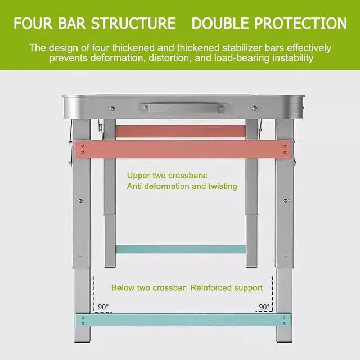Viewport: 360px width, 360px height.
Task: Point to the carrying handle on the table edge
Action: (181, 107)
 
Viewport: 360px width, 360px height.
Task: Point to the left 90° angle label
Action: (103, 307)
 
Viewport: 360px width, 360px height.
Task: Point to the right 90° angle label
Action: (263, 307)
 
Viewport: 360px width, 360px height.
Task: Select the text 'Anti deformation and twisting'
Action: (182, 186)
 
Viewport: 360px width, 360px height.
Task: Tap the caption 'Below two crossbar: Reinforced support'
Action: (187, 287)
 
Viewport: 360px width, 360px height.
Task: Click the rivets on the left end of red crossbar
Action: (83, 150)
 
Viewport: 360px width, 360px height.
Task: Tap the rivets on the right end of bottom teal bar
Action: (283, 320)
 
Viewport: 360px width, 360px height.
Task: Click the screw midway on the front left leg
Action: (81, 200)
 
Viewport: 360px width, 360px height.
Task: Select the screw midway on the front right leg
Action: (285, 200)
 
